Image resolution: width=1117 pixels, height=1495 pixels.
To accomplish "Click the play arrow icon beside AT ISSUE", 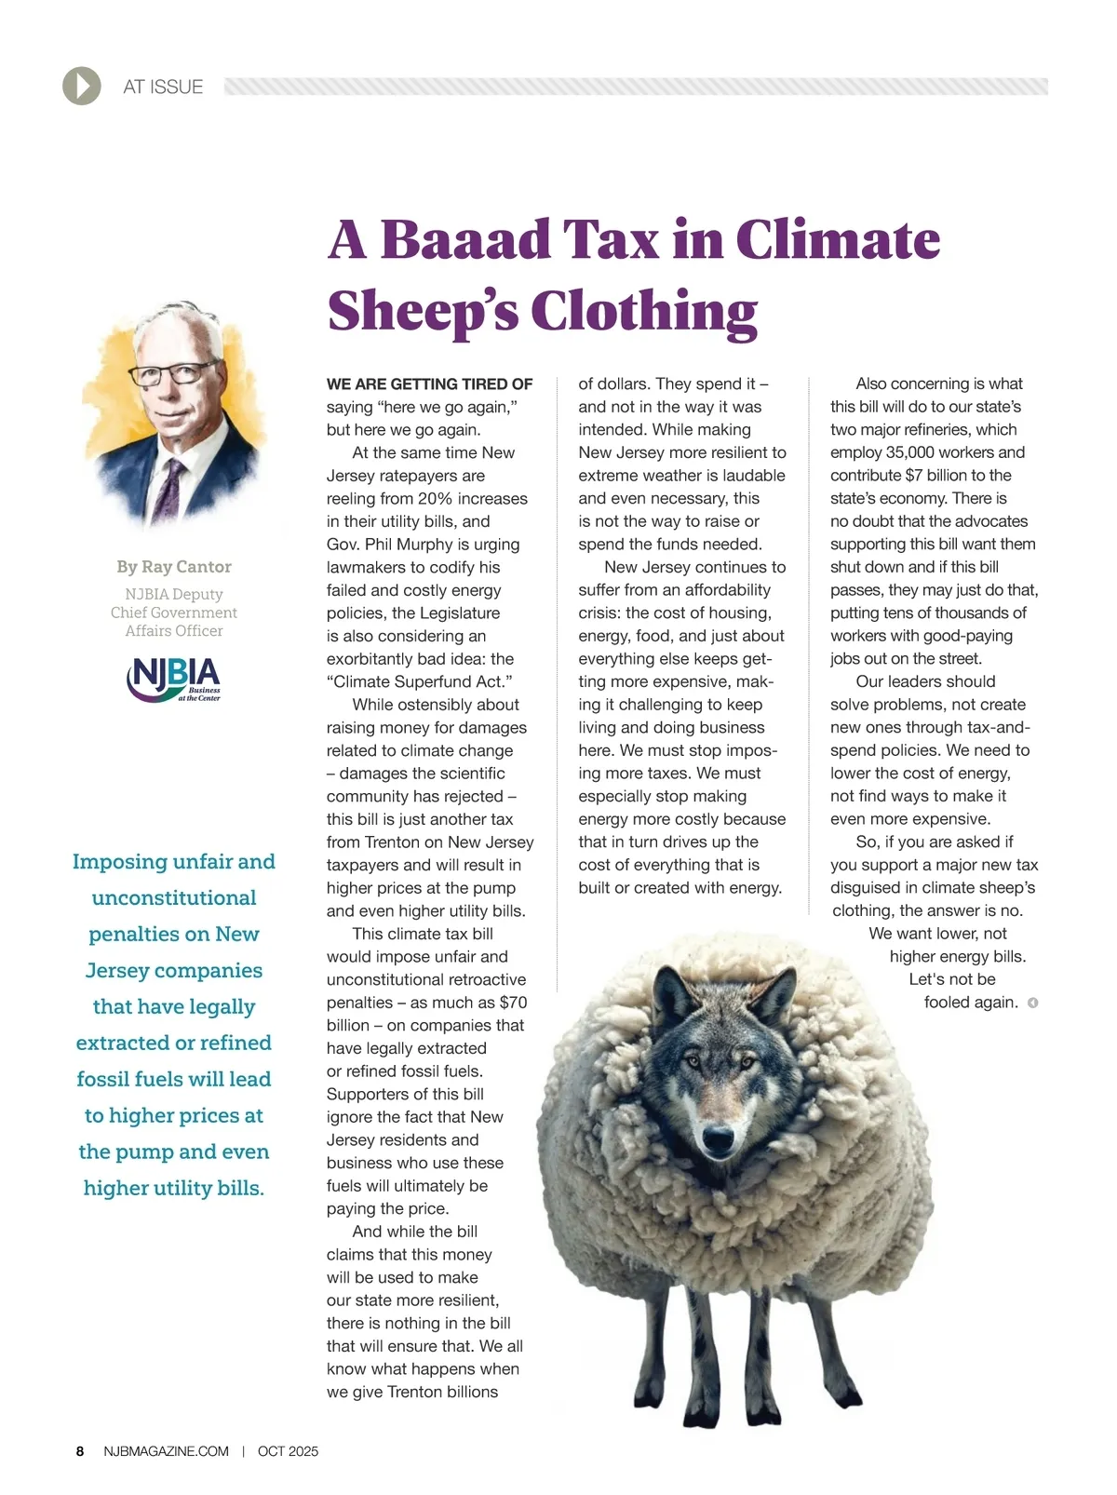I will pyautogui.click(x=82, y=87).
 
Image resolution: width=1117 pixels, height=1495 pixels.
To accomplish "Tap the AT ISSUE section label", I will pyautogui.click(x=163, y=87).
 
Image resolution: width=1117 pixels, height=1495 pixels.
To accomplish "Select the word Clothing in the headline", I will pyautogui.click(x=644, y=311).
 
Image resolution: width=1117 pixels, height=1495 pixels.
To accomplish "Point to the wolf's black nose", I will pyautogui.click(x=718, y=1138).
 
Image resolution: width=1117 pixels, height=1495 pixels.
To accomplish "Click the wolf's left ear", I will pyautogui.click(x=672, y=989).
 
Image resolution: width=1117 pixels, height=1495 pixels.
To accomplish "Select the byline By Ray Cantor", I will pyautogui.click(x=174, y=567).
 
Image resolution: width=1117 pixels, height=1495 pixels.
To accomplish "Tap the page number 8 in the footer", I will pyautogui.click(x=80, y=1451).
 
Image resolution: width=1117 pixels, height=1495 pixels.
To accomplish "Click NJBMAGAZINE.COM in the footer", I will pyautogui.click(x=166, y=1451).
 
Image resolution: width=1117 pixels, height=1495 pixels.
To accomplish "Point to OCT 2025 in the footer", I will pyautogui.click(x=288, y=1451).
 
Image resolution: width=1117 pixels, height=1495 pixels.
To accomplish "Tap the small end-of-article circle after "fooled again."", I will pyautogui.click(x=1032, y=1003).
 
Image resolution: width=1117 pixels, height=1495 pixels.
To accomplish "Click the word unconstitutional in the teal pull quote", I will pyautogui.click(x=174, y=898).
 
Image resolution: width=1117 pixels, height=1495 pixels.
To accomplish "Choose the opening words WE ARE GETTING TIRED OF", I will pyautogui.click(x=429, y=384).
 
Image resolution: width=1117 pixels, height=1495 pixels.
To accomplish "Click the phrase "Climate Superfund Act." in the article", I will pyautogui.click(x=420, y=681).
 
